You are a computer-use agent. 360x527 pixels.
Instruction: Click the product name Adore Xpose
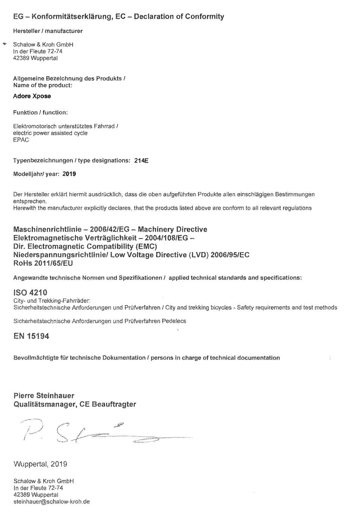pyautogui.click(x=32, y=96)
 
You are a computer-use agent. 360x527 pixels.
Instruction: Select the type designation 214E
pyautogui.click(x=141, y=161)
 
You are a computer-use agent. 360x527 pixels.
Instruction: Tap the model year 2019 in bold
pyautogui.click(x=69, y=174)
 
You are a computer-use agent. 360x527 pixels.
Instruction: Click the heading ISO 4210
pyautogui.click(x=30, y=293)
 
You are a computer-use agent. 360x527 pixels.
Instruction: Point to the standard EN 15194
pyautogui.click(x=31, y=336)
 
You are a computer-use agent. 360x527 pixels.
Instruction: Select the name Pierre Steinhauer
pyautogui.click(x=44, y=396)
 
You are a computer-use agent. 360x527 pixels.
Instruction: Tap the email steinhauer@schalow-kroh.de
pyautogui.click(x=52, y=502)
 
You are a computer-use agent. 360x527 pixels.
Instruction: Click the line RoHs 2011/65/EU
pyautogui.click(x=43, y=263)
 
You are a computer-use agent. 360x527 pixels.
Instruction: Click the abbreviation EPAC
pyautogui.click(x=21, y=140)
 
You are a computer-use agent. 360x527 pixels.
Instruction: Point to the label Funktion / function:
pyautogui.click(x=41, y=112)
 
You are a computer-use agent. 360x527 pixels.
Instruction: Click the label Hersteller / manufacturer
pyautogui.click(x=48, y=31)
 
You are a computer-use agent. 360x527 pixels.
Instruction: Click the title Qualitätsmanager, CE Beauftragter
pyautogui.click(x=75, y=404)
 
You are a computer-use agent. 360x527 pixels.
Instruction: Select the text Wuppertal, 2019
pyautogui.click(x=41, y=464)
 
